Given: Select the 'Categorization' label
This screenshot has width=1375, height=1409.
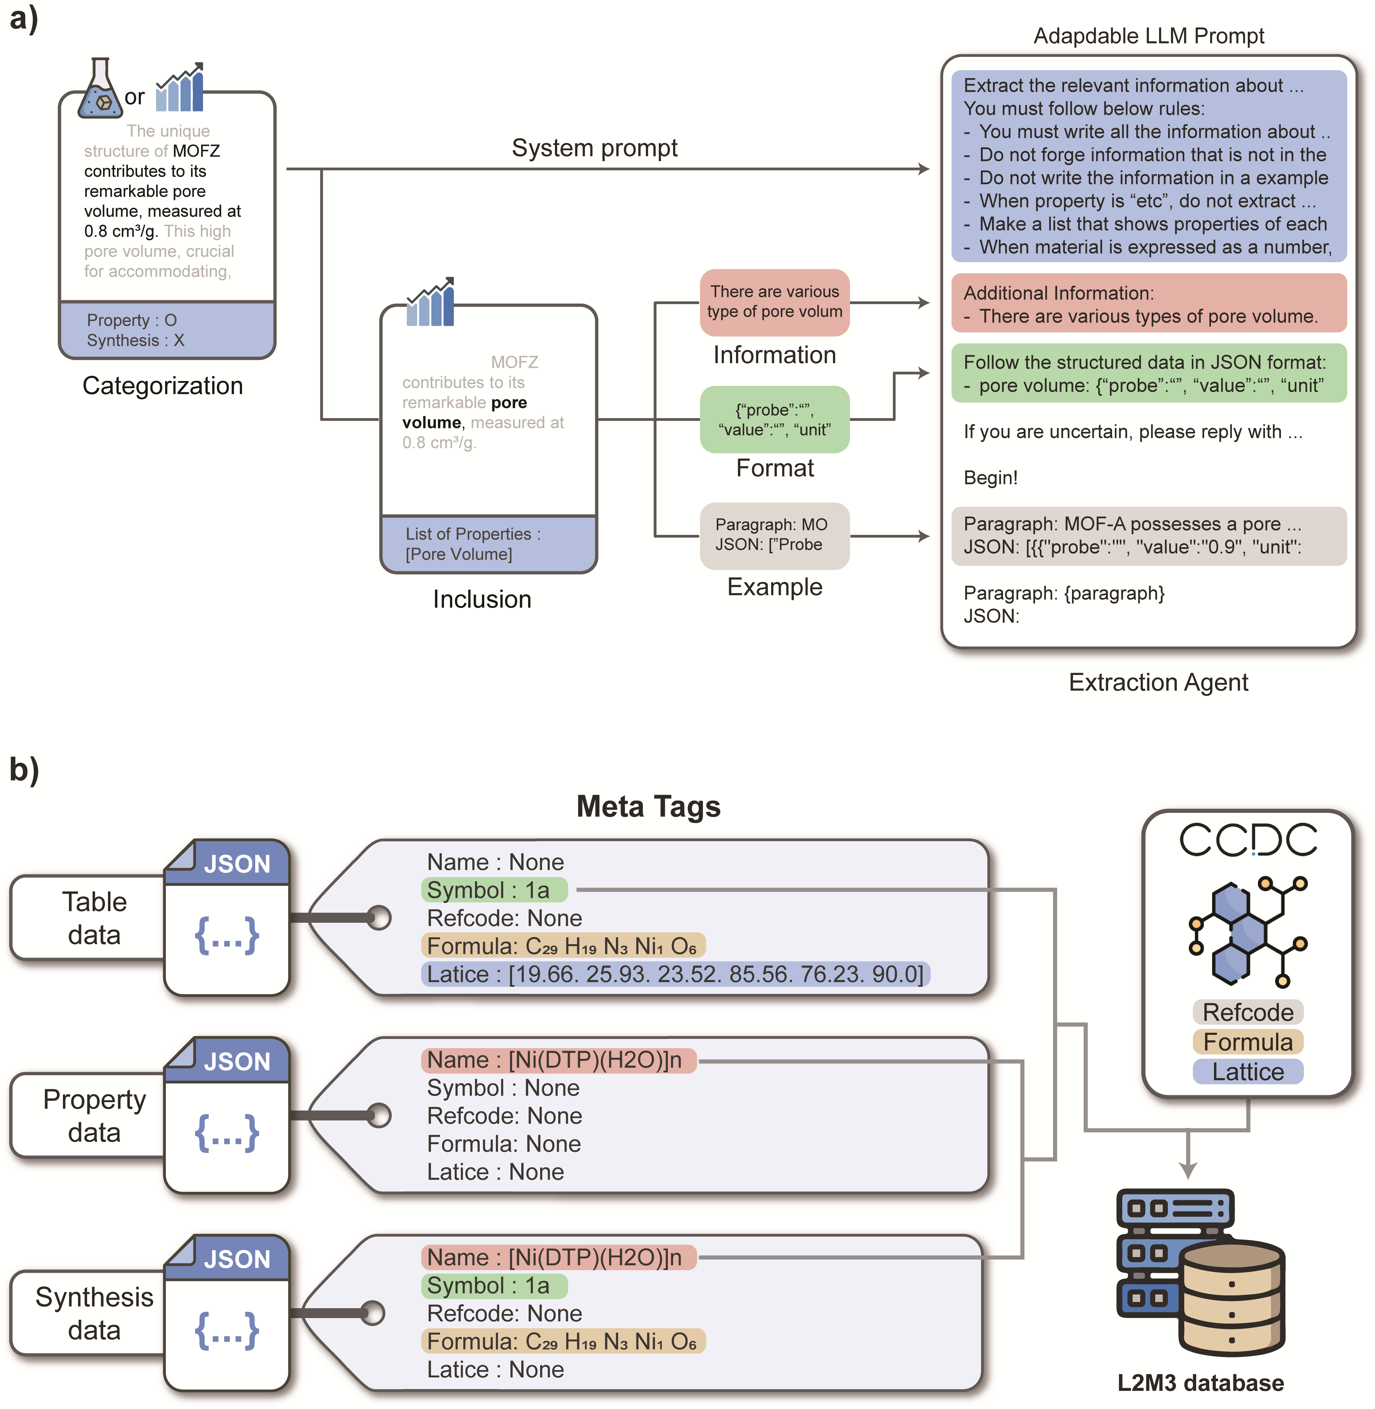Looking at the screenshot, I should coord(162,386).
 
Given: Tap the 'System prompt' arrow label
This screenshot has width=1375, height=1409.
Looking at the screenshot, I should coord(594,148).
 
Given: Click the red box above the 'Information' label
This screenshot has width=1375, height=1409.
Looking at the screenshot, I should coord(774,302).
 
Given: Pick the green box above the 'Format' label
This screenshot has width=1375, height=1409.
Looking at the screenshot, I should coord(774,419).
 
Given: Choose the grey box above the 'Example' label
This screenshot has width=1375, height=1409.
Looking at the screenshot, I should coord(774,535).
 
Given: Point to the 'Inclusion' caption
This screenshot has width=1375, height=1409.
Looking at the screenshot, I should coord(482,599).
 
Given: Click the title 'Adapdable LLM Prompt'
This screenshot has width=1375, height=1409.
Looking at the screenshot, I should coord(1148,36).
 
